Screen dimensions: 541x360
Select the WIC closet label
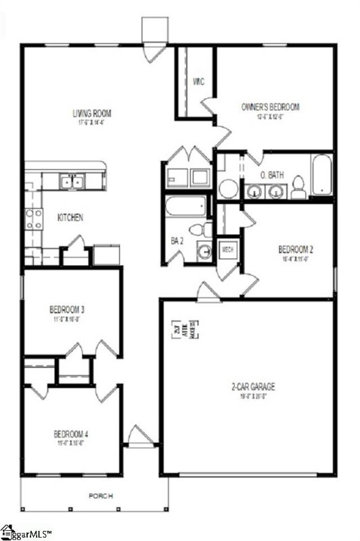198,82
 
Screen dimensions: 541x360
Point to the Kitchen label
70,218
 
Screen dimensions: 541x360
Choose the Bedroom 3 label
66,310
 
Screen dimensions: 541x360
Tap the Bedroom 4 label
70,433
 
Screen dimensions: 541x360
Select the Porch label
102,496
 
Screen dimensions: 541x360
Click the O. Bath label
273,176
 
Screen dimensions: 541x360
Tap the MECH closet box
228,250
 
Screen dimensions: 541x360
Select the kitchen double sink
71,181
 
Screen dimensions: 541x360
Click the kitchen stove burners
33,218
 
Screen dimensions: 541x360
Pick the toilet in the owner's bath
298,189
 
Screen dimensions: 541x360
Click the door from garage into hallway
207,292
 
